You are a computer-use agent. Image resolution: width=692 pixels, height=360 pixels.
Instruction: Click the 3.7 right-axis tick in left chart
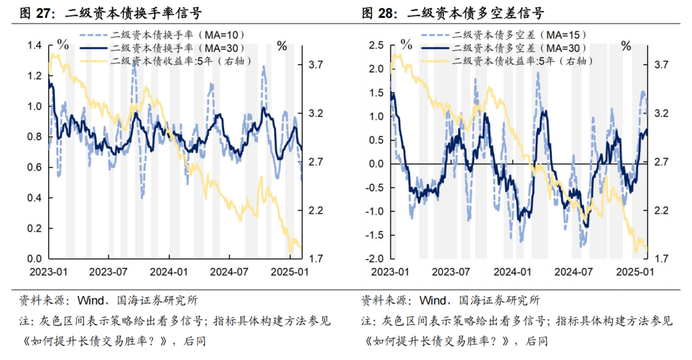coord(317,64)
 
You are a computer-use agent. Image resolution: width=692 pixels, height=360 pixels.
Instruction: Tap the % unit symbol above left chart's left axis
coord(63,44)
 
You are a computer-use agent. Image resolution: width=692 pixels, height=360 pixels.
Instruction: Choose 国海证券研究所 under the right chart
coord(499,300)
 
